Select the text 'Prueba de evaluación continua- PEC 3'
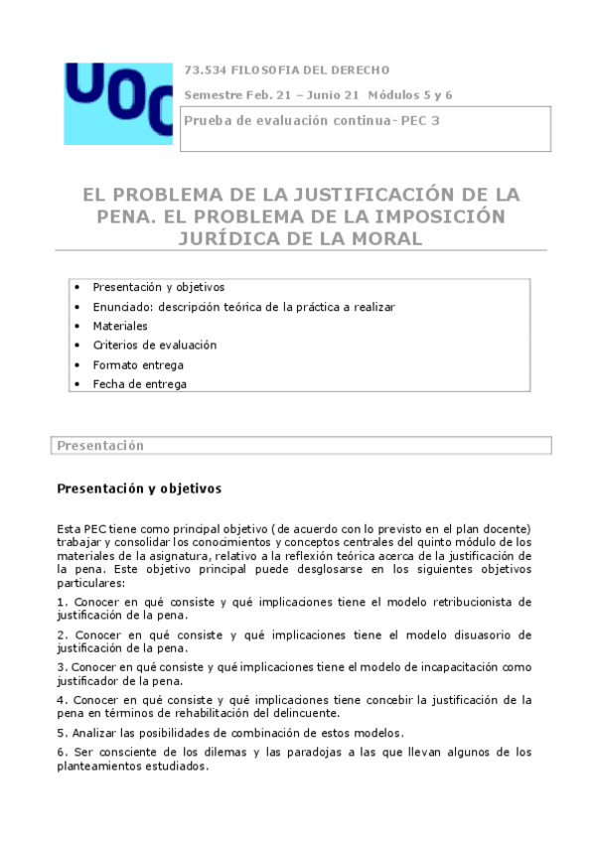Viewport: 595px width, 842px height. point(312,120)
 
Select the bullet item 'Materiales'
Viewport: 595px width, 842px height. point(120,326)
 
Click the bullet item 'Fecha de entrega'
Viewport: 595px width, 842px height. point(139,383)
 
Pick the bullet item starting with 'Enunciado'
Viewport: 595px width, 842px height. point(243,307)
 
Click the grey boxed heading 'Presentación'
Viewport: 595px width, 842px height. point(100,446)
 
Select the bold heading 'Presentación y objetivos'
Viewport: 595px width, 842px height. point(139,489)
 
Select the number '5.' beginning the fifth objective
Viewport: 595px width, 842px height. point(62,733)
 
